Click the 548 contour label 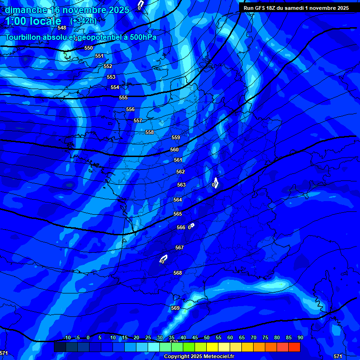[62, 28]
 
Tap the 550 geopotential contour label [89, 48]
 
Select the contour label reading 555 [123, 97]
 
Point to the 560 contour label [174, 150]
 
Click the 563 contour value [181, 185]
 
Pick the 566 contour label [181, 227]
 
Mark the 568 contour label [178, 273]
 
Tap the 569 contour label [175, 308]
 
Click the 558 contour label [150, 132]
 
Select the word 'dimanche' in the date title [25, 10]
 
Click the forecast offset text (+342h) [83, 21]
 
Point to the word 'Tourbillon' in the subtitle [24, 37]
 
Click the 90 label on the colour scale [300, 337]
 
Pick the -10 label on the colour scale [67, 337]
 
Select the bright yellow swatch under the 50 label [212, 347]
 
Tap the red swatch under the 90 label [294, 347]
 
